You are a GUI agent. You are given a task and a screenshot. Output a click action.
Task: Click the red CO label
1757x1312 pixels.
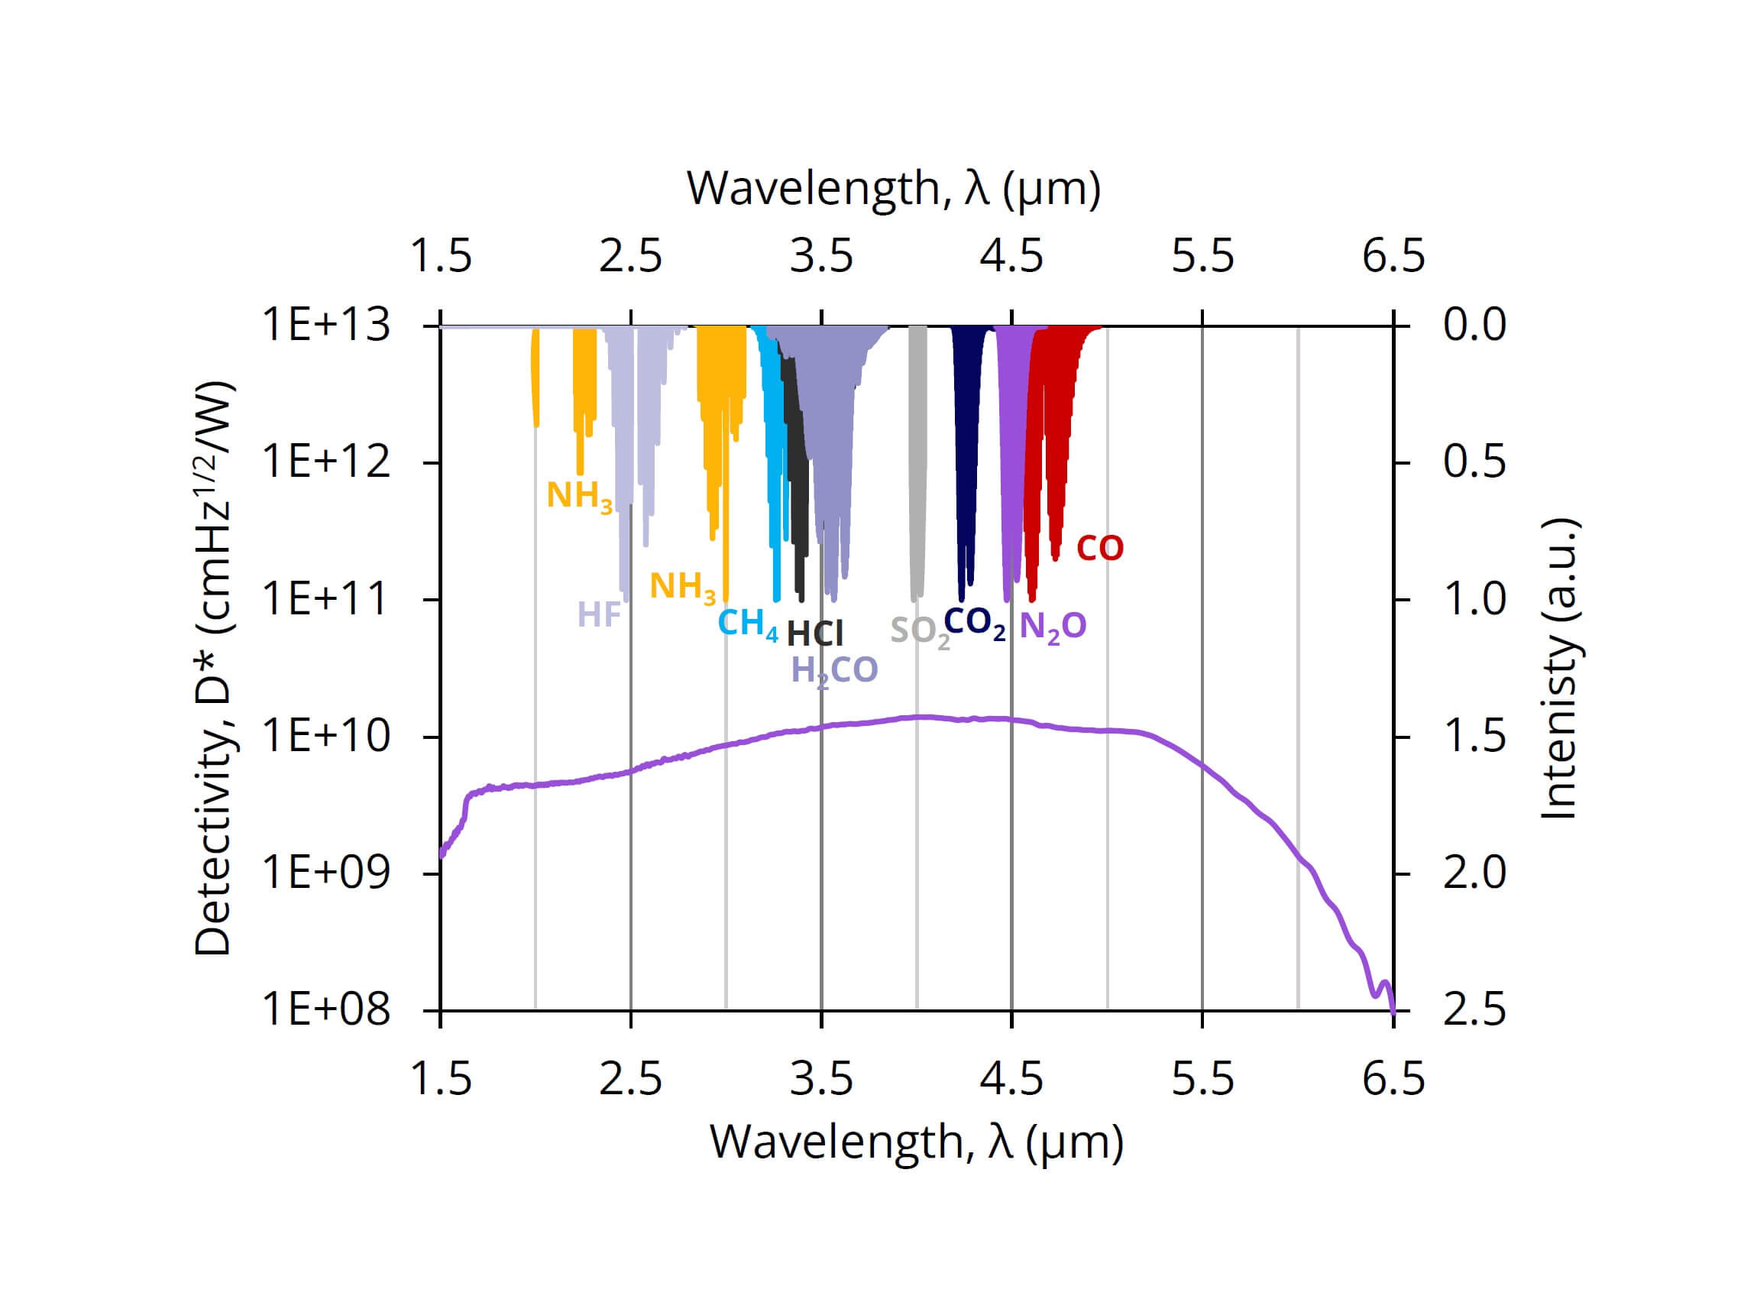[1099, 548]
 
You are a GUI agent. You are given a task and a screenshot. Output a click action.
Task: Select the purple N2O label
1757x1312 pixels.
[1052, 627]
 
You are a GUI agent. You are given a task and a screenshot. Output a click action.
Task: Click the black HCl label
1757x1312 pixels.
[814, 633]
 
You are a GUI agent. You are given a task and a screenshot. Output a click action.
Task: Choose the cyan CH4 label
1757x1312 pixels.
[747, 624]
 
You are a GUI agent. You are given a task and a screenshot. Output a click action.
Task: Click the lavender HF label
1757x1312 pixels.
[599, 614]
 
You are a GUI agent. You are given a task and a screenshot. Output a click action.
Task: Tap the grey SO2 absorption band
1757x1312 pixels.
[917, 461]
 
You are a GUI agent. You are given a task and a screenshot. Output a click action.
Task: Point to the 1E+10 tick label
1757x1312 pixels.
[326, 736]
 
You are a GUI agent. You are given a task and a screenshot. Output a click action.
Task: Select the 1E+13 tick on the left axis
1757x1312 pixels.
[326, 325]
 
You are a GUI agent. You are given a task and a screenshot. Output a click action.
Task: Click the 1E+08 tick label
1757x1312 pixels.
[326, 1009]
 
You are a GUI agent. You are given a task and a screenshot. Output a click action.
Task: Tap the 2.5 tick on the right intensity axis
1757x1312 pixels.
[1474, 1009]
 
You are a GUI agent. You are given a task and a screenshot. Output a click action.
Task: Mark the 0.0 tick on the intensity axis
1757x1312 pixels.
[1474, 325]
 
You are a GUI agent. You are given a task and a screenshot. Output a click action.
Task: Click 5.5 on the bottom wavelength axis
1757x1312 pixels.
[1202, 1079]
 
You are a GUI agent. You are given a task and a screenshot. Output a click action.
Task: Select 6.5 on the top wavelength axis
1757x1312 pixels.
[1393, 257]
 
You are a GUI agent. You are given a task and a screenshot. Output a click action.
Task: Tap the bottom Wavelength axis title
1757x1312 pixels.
[916, 1142]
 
